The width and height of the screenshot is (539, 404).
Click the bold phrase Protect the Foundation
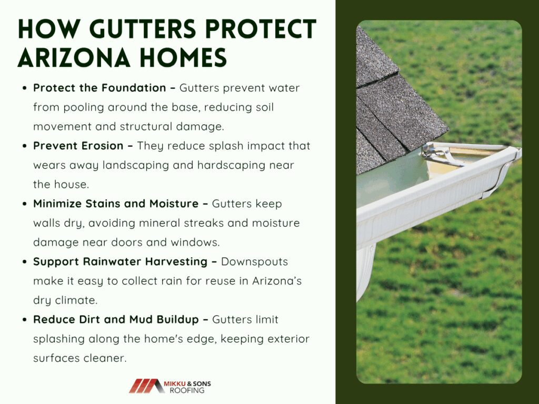99,88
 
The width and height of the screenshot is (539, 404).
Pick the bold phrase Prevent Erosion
78,146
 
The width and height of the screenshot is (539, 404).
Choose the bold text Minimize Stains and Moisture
115,204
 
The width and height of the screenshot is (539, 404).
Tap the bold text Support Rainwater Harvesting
120,262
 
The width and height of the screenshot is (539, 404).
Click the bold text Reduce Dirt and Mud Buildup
116,320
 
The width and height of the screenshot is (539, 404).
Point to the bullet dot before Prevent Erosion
24,146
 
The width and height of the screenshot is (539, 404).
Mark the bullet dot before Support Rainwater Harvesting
24,262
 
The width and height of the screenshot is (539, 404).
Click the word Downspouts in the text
254,262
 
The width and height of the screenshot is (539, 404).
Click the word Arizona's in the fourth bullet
277,281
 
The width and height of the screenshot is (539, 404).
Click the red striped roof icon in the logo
147,386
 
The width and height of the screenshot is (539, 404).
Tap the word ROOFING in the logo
187,391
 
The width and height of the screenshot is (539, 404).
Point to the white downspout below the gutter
365,271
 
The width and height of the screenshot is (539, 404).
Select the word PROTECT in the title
261,29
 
